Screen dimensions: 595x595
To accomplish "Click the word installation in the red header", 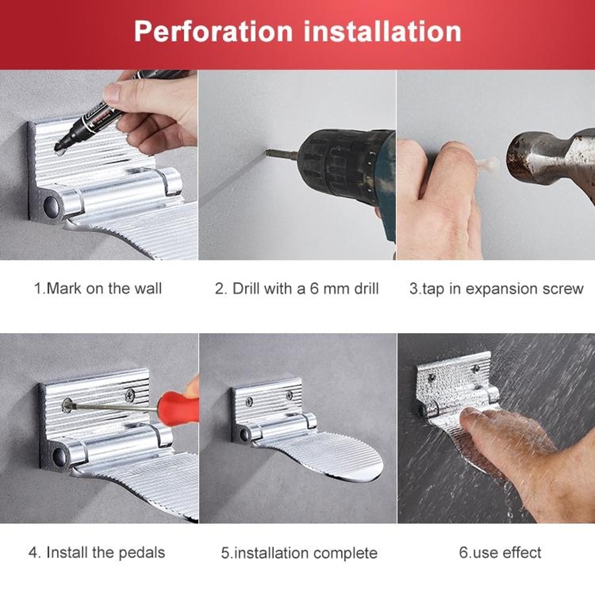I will point(383,31).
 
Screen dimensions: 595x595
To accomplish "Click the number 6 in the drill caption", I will point(314,289).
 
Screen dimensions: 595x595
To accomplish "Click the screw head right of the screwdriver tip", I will point(129,393).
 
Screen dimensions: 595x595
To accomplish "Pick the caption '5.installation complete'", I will point(299,553).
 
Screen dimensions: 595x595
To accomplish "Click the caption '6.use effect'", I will point(500,553).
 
